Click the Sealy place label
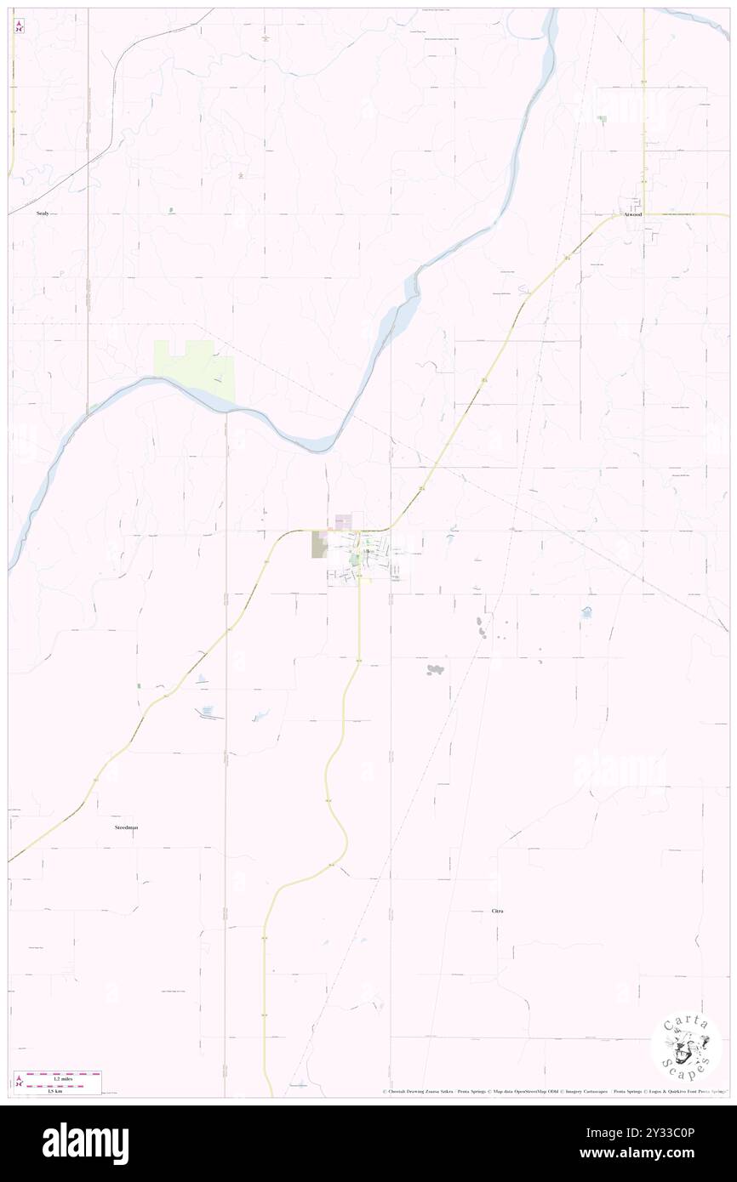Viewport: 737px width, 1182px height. pos(43,214)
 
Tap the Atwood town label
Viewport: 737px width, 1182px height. pos(631,214)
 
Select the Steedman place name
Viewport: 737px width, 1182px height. pos(125,827)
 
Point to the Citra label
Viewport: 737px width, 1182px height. pos(498,911)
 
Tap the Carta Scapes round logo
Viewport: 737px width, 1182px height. pos(686,1045)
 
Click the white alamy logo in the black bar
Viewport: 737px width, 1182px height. pos(85,1144)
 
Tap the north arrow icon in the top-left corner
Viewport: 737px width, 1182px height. pos(20,27)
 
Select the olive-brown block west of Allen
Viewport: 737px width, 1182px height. pos(320,544)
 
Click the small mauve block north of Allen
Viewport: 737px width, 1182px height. pos(344,520)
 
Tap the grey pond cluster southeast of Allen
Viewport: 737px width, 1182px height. pos(436,669)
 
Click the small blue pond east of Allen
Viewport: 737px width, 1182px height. pos(586,611)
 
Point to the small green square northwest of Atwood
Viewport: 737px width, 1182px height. pos(603,119)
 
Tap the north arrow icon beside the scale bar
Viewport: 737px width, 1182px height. pos(20,1081)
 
